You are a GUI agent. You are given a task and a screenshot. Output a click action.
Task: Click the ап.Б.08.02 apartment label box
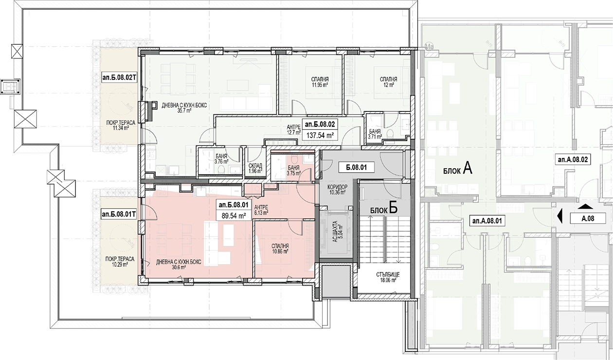pos(320,125)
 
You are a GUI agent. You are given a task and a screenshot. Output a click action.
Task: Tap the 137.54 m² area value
pos(320,135)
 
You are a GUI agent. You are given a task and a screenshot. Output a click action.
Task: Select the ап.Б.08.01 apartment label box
pos(234,205)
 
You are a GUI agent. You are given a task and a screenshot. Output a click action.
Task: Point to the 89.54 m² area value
pos(234,216)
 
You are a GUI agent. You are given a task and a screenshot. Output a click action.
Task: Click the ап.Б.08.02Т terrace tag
pos(119,78)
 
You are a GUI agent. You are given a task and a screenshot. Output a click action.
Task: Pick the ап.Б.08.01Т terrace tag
pos(119,214)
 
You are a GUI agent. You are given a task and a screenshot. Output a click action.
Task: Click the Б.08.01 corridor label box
pos(356,167)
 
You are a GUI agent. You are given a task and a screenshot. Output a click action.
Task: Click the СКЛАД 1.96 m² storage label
pos(255,168)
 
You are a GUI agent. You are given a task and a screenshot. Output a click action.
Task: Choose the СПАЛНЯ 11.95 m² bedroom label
pos(320,82)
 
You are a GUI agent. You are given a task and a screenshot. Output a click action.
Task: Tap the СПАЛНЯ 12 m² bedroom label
pos(389,82)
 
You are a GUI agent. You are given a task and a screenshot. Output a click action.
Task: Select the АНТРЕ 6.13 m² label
pos(261,210)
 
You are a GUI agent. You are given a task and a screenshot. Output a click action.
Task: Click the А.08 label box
pos(588,218)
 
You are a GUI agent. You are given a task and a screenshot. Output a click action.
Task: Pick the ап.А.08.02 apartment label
pos(573,160)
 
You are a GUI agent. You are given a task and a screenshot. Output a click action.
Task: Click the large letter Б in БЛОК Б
pos(393,208)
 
